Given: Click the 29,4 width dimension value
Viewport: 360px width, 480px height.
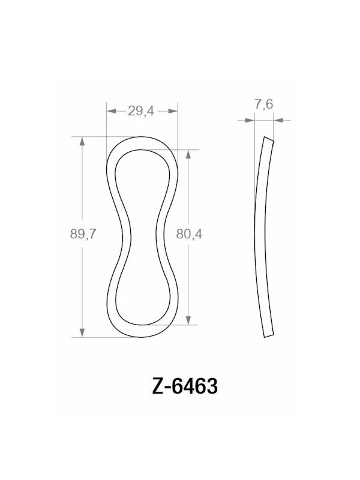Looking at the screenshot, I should (142, 110).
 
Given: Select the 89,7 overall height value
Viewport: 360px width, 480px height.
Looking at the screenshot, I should (83, 235).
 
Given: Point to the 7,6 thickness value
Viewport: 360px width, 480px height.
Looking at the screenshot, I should (263, 105).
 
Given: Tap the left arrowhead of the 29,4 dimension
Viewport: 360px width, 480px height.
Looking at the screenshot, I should (110, 110).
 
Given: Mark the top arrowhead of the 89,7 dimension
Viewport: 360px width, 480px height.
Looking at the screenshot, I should (82, 140).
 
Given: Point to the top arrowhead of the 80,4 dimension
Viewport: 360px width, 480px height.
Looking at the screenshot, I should (190, 154).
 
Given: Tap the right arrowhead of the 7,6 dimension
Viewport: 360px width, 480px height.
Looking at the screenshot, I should (278, 120).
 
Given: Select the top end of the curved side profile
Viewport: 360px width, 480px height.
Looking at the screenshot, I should (268, 139).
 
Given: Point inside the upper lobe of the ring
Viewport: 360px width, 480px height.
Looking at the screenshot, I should (142, 180).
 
